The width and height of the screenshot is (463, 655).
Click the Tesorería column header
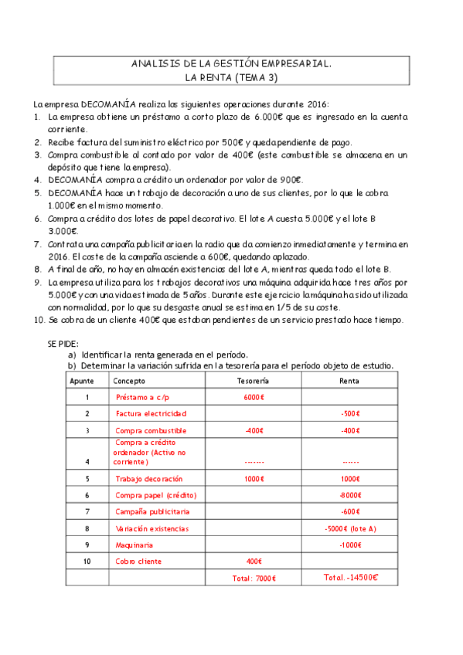[x=252, y=381]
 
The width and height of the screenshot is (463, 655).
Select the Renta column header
[x=349, y=381]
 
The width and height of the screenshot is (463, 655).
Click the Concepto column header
[x=129, y=381]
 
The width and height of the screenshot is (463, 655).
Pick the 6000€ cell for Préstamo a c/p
[x=254, y=397]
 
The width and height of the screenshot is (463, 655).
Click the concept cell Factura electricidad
[x=151, y=413]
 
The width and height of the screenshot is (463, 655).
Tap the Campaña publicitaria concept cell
[x=152, y=511]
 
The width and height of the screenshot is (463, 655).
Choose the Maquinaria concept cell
[x=134, y=545]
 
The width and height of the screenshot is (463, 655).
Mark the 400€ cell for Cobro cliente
[x=254, y=561]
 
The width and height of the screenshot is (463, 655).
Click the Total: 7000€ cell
[x=254, y=579]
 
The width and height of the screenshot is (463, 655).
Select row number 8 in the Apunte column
[x=87, y=528]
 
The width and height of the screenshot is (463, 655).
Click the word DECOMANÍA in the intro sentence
[x=104, y=104]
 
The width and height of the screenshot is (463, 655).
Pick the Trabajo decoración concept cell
[x=148, y=479]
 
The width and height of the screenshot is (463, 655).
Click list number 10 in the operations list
[x=39, y=321]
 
